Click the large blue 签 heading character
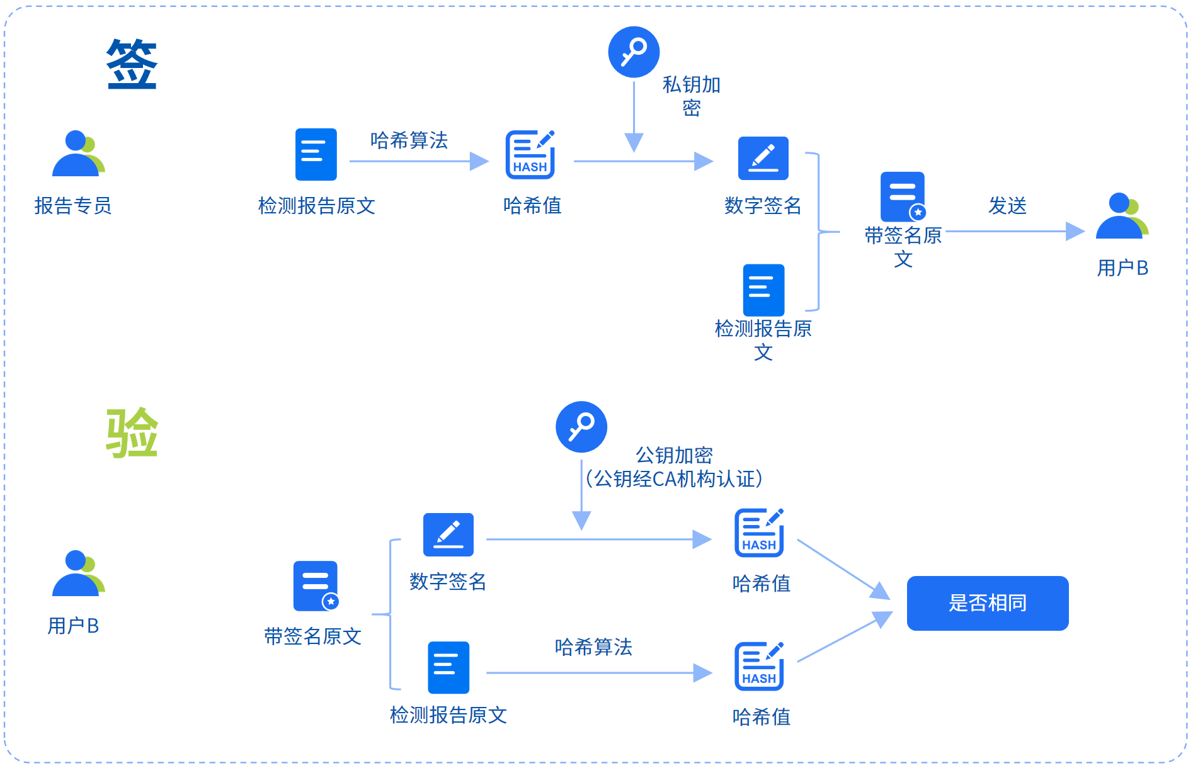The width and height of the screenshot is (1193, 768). (x=132, y=64)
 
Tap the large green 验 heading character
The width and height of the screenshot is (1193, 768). (x=132, y=432)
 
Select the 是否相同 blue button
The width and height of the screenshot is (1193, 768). (x=987, y=602)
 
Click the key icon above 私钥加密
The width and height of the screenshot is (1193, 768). (x=633, y=52)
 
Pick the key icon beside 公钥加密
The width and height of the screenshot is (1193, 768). (x=581, y=427)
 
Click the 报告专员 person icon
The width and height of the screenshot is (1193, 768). (x=77, y=154)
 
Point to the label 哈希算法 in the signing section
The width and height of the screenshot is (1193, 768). (x=409, y=140)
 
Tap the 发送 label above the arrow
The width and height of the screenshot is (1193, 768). (x=1007, y=205)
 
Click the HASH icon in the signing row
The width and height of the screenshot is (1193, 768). (x=530, y=155)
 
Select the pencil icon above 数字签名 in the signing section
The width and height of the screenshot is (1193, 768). (x=763, y=158)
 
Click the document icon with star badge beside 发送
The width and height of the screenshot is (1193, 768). (x=903, y=196)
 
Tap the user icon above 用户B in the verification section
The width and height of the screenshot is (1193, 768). (x=77, y=573)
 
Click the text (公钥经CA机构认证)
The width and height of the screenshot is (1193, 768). (x=673, y=479)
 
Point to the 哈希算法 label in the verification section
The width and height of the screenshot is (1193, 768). (x=593, y=647)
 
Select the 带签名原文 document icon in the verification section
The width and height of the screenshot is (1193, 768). (x=316, y=586)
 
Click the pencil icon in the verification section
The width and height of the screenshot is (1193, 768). (x=448, y=534)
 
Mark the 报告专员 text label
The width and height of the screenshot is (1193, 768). (x=73, y=206)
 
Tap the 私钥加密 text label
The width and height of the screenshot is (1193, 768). (x=691, y=96)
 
